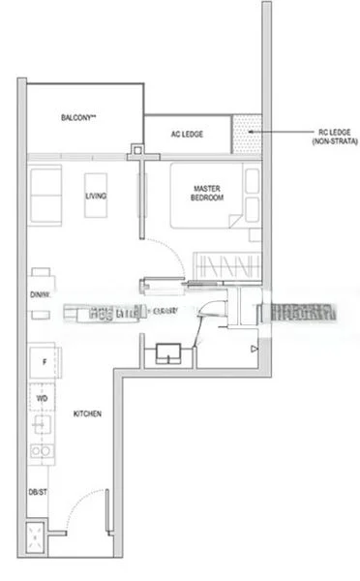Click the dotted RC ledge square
pos(248,134)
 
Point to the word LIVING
pos(96,197)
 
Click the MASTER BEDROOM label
pos(208,193)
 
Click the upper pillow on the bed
pos(252,180)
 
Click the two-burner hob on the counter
pos(42,450)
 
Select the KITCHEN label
pos(88,413)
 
